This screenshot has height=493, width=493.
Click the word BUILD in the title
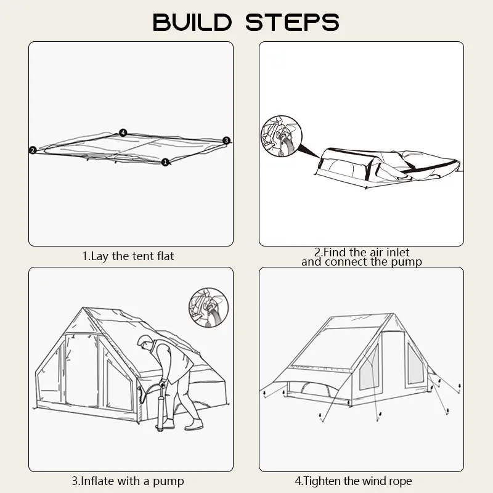[192, 22]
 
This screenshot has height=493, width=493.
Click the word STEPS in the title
[292, 22]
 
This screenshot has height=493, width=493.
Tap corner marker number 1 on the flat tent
[165, 162]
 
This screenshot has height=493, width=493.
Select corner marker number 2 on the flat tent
[33, 150]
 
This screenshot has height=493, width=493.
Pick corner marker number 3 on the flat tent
[226, 141]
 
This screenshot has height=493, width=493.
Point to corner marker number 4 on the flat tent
[123, 132]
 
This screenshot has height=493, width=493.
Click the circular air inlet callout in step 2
[282, 136]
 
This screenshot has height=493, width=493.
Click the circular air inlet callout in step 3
[208, 308]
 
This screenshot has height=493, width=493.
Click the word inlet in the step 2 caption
[397, 252]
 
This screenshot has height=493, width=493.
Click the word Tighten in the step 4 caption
[322, 481]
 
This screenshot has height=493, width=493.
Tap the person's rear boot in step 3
[194, 425]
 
